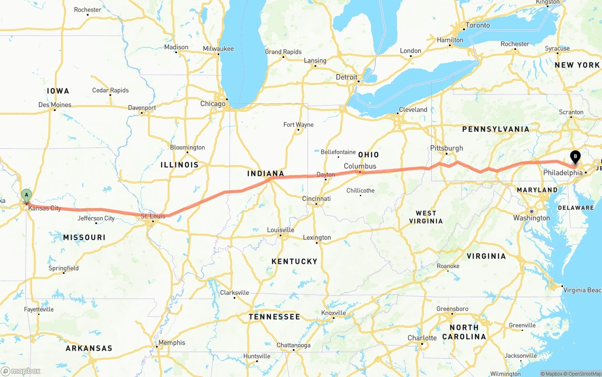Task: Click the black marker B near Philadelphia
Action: click(x=575, y=157)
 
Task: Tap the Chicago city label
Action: click(x=213, y=104)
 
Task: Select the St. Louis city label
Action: click(x=153, y=216)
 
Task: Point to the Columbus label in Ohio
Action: click(x=360, y=166)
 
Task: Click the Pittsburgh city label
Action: click(x=446, y=148)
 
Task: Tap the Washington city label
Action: click(x=531, y=218)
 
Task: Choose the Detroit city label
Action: click(x=346, y=77)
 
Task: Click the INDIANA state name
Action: click(x=266, y=174)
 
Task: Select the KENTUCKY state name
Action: click(x=294, y=261)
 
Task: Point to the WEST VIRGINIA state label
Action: click(x=426, y=217)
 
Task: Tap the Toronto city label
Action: click(x=477, y=25)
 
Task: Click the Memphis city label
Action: click(x=172, y=343)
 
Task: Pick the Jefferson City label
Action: click(x=96, y=218)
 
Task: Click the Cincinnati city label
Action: click(x=316, y=199)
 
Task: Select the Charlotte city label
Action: click(x=422, y=338)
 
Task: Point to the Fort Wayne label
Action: click(x=298, y=125)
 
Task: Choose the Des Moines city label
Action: click(x=55, y=105)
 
